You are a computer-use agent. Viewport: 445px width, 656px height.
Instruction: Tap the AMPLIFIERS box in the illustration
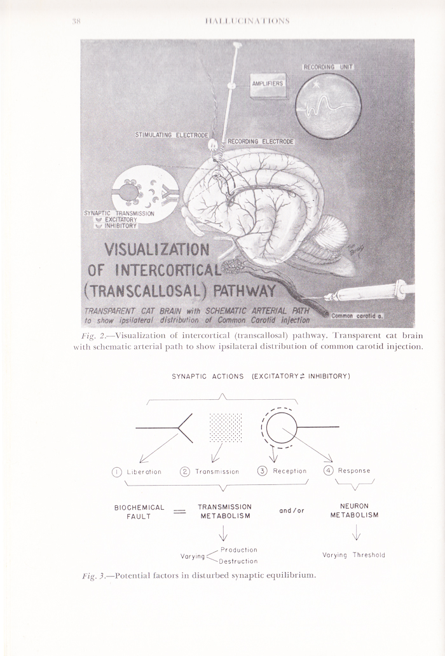(267, 84)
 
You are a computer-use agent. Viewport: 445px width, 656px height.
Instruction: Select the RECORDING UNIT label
(328, 67)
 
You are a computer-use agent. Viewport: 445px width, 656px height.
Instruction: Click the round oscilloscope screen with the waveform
(330, 106)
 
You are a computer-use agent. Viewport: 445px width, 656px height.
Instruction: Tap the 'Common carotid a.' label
(359, 315)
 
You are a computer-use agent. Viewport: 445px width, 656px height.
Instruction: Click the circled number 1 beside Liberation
(116, 471)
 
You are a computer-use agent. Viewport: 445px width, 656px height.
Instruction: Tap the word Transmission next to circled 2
(217, 472)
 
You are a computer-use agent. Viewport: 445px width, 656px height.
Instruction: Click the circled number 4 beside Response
(329, 471)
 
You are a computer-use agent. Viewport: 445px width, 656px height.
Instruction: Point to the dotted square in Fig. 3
(226, 427)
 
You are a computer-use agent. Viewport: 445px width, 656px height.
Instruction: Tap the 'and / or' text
(292, 510)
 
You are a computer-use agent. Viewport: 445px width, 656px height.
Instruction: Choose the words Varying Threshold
(353, 555)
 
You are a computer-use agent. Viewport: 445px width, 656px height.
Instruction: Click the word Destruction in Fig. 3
(238, 561)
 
